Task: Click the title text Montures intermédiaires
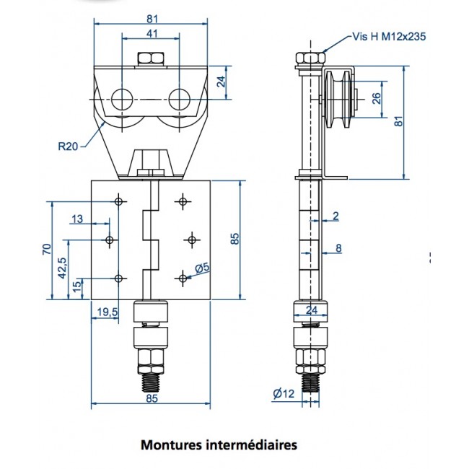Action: click(218, 445)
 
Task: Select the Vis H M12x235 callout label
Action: click(388, 36)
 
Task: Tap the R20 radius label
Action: click(68, 146)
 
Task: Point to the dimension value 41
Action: click(151, 33)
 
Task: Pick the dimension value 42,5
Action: click(63, 268)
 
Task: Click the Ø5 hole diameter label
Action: click(203, 268)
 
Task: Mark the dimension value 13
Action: click(78, 219)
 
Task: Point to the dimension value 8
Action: click(338, 250)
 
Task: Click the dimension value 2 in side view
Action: click(336, 216)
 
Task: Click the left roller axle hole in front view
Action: click(122, 97)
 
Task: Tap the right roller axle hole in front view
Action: click(180, 97)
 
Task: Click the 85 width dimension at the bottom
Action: click(151, 397)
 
